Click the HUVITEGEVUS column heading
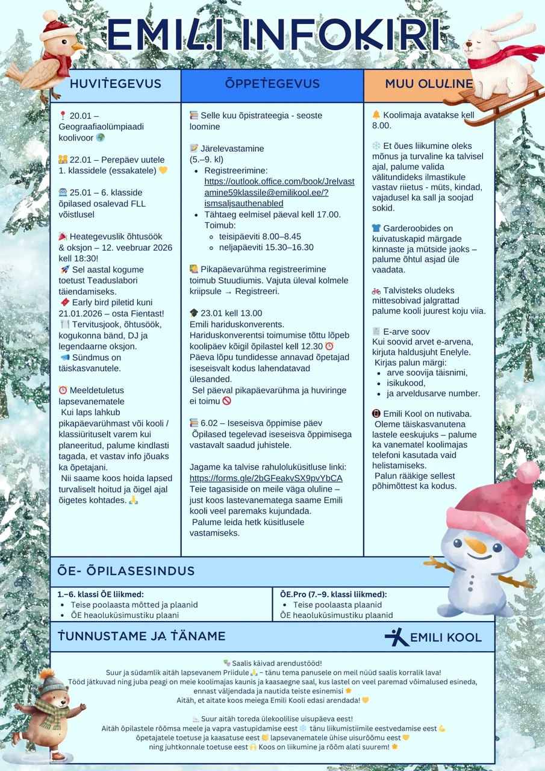tap(115, 84)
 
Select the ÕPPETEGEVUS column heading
tap(272, 84)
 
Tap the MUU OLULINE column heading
tap(429, 84)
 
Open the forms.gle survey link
tap(266, 478)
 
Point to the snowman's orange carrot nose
tap(476, 546)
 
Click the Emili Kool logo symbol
tap(396, 637)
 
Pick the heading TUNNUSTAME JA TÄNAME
tap(142, 636)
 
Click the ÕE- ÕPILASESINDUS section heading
tap(126, 571)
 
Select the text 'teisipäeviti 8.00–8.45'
tap(260, 236)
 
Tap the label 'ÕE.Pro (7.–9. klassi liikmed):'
tap(333, 594)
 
